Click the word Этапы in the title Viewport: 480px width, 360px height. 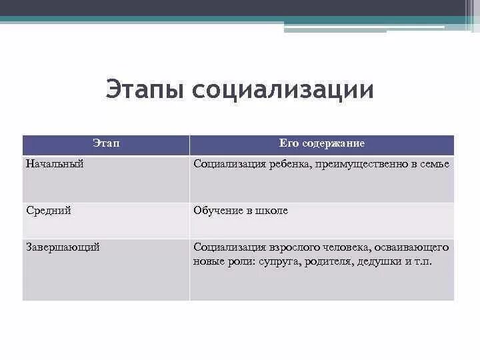click(145, 90)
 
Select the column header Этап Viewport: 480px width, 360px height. click(106, 144)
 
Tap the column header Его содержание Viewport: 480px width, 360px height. click(322, 144)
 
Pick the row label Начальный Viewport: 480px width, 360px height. click(55, 164)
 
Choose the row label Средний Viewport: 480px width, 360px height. click(49, 211)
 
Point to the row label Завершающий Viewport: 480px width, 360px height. click(63, 247)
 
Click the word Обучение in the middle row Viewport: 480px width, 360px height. click(217, 211)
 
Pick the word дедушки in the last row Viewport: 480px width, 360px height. click(377, 262)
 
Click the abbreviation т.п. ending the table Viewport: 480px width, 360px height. click(423, 262)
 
